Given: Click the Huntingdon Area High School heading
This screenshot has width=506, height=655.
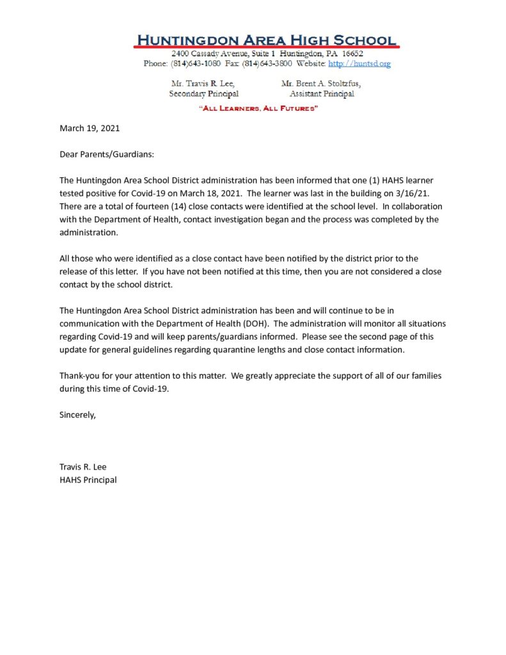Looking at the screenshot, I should coord(266,39).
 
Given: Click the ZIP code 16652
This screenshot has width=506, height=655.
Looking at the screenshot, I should coord(352,54).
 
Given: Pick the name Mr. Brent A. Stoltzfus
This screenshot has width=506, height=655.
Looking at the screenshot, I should coord(321,84).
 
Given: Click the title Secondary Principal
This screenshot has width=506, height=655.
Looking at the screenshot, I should coord(203,94).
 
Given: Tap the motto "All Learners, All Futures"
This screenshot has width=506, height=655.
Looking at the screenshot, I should coord(259,109).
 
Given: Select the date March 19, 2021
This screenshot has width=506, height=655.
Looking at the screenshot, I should coord(90,128).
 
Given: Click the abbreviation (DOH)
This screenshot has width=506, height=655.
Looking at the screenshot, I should coord(256,323).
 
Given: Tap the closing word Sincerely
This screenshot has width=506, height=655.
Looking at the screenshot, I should coord(77,414).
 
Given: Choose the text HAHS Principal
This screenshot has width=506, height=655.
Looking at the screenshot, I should coord(88,480).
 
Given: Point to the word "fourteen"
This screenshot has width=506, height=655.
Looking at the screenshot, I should coord(155,207).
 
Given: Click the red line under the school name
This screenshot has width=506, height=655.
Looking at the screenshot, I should coord(266,47).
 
